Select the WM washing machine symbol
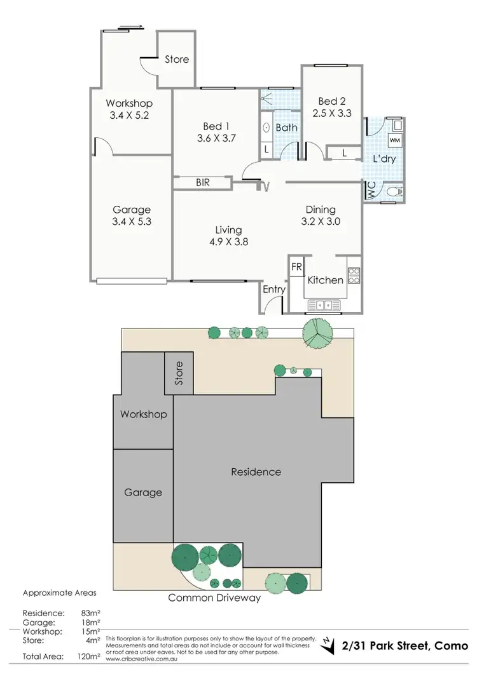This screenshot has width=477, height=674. point(394,140)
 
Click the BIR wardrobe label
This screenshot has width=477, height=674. point(203,183)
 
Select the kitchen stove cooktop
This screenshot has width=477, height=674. point(354,275)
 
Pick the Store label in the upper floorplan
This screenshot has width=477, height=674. point(177,59)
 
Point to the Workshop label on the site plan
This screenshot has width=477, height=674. point(143,414)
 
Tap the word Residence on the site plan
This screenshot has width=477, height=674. point(256,472)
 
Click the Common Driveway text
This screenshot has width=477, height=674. point(214,598)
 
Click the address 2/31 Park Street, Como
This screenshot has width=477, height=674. point(403,646)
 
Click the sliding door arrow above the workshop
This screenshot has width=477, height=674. point(131,27)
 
